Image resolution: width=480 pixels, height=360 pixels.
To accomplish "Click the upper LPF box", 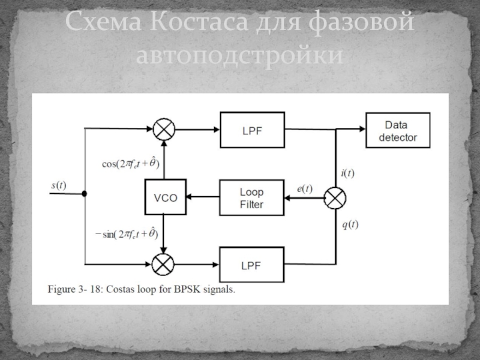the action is point(252,130).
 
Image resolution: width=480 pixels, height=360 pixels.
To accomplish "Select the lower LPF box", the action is point(251,265).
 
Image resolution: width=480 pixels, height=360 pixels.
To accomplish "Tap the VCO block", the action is point(166,197).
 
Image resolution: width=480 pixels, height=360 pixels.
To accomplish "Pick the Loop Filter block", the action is point(251,198).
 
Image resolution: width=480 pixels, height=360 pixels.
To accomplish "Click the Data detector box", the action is point(398,130).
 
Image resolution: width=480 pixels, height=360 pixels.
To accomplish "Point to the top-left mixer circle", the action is point(164,129).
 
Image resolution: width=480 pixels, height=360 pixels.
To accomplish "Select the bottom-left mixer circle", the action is point(163,264).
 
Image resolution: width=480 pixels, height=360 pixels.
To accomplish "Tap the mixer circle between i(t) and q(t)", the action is point(335,198).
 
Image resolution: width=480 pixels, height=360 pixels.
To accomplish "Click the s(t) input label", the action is point(59,185).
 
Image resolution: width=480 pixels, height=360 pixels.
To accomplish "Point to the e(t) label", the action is point(305,188).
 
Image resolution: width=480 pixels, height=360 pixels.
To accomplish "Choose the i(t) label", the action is point(348,173).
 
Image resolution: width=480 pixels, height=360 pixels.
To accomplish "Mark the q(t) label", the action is point(350,224).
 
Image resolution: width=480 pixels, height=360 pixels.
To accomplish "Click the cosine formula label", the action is point(131,163).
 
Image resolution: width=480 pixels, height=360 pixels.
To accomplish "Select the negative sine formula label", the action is point(127,234).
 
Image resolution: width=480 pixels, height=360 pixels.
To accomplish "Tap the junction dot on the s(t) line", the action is point(85,194).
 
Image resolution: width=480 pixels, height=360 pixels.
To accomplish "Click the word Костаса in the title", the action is point(199,22).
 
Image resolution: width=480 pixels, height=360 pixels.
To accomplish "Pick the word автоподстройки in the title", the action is point(239,55).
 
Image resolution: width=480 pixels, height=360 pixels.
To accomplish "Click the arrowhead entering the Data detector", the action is point(362,129).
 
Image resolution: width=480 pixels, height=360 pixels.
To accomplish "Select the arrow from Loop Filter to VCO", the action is point(203,197).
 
